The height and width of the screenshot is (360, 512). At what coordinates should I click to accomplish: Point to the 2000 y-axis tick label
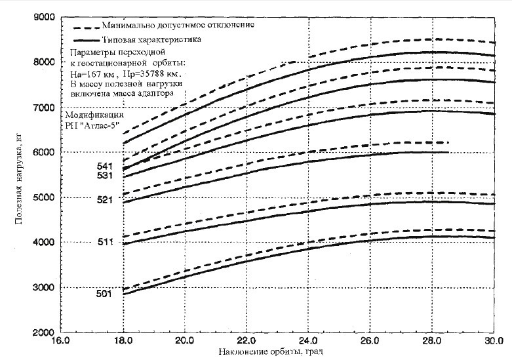[41, 333]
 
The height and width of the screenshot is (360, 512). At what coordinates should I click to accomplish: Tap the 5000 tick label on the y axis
[41, 197]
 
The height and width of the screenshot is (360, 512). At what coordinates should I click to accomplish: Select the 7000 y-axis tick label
[41, 107]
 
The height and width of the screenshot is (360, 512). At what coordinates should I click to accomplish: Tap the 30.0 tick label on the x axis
[494, 342]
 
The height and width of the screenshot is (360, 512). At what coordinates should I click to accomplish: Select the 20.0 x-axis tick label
[184, 342]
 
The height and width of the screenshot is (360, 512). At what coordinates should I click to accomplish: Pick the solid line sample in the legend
[87, 41]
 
